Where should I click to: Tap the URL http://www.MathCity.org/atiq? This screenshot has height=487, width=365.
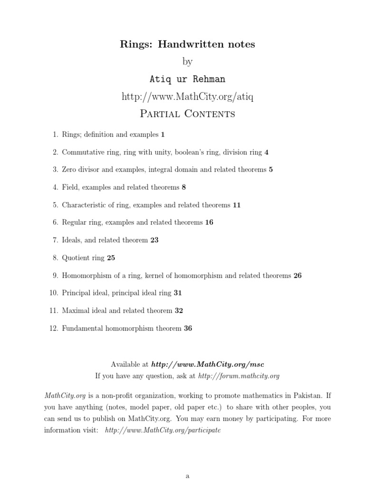[x=187, y=97]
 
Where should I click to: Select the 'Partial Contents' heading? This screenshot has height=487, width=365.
[x=187, y=114]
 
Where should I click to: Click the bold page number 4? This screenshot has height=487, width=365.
[x=267, y=152]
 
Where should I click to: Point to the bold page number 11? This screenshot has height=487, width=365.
[x=237, y=205]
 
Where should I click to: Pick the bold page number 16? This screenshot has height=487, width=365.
[x=209, y=223]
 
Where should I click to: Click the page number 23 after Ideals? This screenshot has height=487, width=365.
[x=154, y=240]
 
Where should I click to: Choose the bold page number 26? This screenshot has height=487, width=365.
[x=298, y=275]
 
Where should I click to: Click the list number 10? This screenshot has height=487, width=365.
[x=53, y=293]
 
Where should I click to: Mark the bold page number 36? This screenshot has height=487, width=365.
[x=188, y=328]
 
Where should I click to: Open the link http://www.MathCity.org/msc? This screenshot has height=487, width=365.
[x=207, y=364]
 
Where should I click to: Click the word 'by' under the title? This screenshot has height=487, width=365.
[x=187, y=62]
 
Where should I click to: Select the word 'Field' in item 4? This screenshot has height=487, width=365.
[x=70, y=187]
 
